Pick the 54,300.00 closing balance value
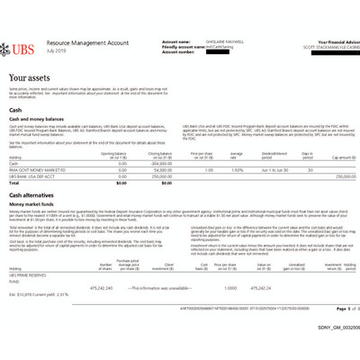pyautogui.click(x=162, y=169)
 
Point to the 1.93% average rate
pyautogui.click(x=237, y=169)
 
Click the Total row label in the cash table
pyautogui.click(x=15, y=183)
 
